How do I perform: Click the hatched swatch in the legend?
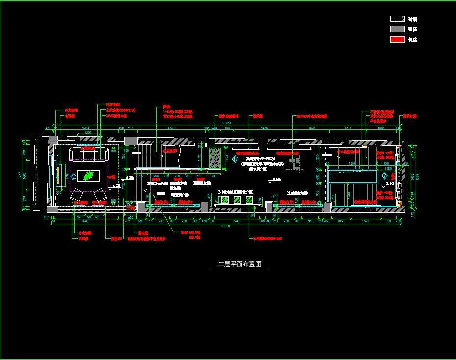coord(397,19)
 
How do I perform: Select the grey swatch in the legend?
coord(397,29)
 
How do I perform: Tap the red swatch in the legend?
coord(397,40)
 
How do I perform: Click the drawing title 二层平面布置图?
coord(240,264)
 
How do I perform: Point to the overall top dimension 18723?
coord(226,123)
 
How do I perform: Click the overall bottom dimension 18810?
coord(225,226)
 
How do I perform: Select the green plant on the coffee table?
coord(88,175)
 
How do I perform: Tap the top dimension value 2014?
coord(349,129)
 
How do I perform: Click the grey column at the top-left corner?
coord(53,140)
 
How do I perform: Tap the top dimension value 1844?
coord(312,129)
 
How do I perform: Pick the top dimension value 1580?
coord(381,129)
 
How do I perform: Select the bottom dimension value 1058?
coord(340,221)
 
